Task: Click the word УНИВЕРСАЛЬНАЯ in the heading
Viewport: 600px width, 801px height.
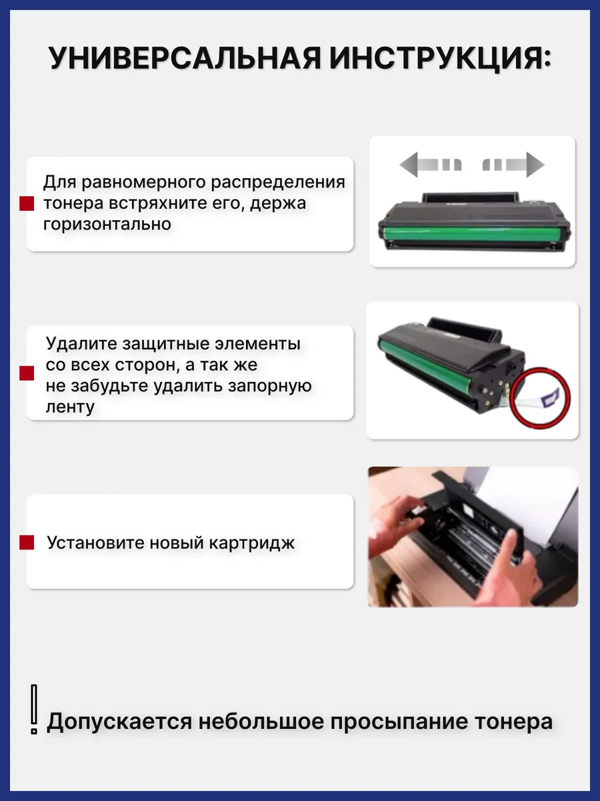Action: [185, 58]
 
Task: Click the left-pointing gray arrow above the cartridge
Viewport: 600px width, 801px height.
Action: [431, 165]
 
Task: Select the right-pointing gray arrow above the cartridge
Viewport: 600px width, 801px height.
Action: [513, 165]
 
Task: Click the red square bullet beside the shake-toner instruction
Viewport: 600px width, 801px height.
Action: [27, 204]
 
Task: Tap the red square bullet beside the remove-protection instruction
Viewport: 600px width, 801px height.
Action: [27, 373]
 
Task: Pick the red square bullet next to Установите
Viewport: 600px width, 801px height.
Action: [27, 543]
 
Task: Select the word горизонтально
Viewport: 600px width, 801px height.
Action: [107, 224]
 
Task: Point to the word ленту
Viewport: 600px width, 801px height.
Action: [70, 407]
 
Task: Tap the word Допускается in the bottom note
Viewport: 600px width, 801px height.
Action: [119, 722]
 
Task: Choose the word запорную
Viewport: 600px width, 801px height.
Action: [269, 386]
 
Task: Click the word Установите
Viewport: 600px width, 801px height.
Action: [96, 543]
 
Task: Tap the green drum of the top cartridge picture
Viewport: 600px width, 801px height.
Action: [473, 233]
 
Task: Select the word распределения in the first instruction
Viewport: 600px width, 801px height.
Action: [278, 182]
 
